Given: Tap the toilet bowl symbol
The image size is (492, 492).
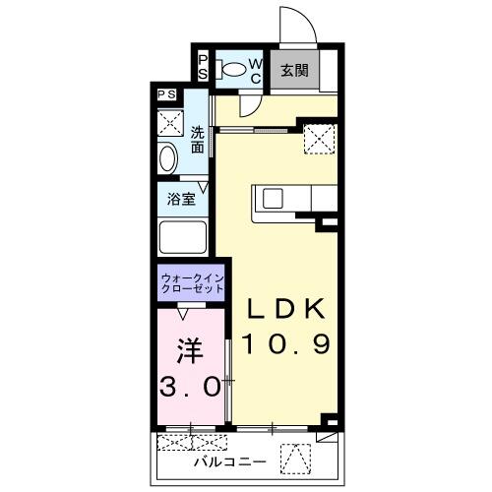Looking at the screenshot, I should (x=232, y=70).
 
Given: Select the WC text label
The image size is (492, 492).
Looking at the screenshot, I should (x=254, y=70).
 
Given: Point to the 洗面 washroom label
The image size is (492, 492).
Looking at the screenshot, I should (x=198, y=139).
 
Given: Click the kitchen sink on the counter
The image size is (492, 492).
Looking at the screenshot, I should (x=271, y=198).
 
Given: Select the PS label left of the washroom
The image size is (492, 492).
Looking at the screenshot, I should (x=167, y=94).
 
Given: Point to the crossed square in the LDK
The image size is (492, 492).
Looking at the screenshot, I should (x=318, y=139).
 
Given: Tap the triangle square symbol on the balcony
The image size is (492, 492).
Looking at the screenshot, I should (x=293, y=457).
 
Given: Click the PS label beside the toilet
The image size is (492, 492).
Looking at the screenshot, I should (x=204, y=67).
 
